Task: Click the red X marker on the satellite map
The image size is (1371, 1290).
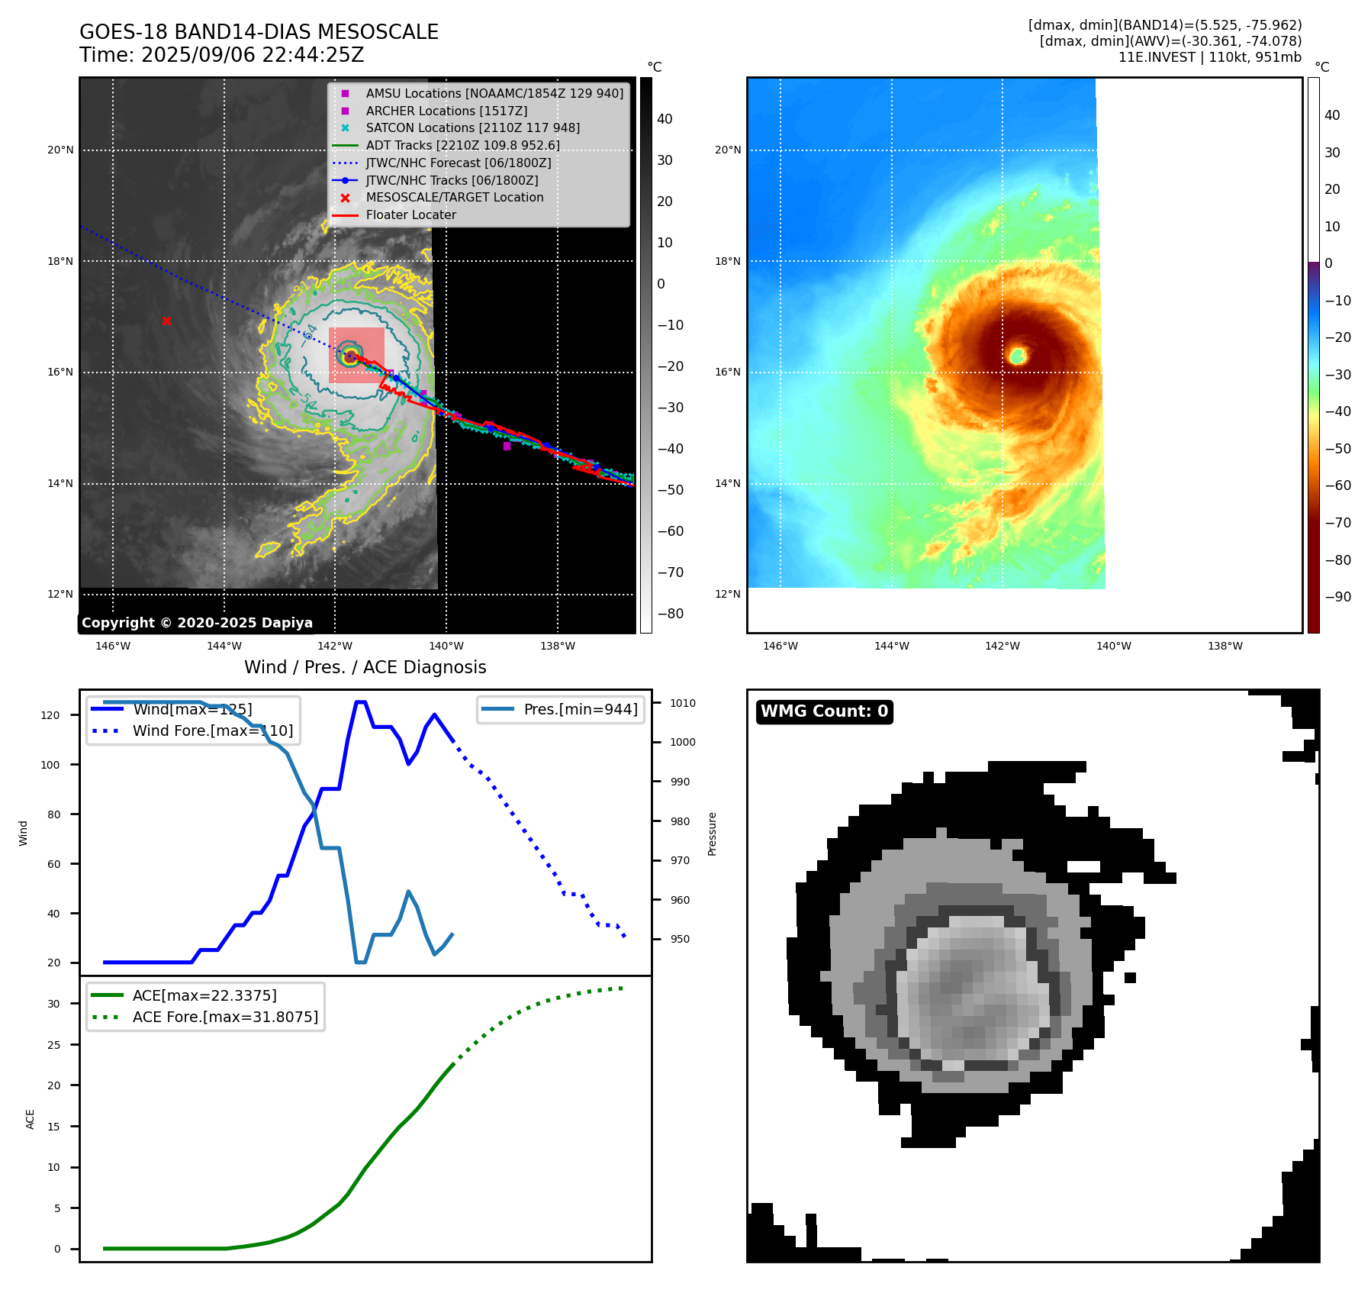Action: (x=166, y=321)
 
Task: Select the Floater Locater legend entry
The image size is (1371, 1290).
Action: (x=410, y=215)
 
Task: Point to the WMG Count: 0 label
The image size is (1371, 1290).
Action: (x=824, y=711)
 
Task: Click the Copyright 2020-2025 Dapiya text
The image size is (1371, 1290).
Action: (x=197, y=623)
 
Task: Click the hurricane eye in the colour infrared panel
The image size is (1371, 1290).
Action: (x=1017, y=355)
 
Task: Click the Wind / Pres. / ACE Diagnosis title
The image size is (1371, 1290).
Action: (x=365, y=667)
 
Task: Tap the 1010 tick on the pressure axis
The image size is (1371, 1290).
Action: (x=683, y=703)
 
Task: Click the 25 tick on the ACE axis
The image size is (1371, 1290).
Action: (x=53, y=1045)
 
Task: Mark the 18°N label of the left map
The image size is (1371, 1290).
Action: (x=61, y=261)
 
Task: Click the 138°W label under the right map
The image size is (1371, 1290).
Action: (x=1225, y=646)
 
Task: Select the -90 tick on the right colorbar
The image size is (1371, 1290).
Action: (x=1337, y=597)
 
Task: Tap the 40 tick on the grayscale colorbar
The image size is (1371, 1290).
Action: (x=665, y=119)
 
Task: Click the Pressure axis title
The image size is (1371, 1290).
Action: (x=712, y=833)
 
